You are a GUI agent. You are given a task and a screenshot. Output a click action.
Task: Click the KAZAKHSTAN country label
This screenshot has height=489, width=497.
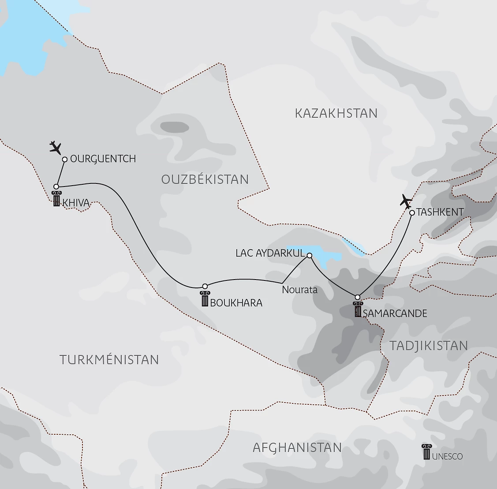click(336, 113)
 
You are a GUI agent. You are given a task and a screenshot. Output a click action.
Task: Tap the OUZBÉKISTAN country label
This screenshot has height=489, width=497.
click(205, 179)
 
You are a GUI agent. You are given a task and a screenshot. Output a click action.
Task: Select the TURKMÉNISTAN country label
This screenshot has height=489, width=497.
click(109, 359)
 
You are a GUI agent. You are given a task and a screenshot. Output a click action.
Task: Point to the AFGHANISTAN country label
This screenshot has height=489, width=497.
click(297, 448)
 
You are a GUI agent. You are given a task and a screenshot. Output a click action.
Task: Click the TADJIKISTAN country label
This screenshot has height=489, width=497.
click(428, 346)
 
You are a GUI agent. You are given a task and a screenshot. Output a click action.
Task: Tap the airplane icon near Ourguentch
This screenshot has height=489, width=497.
click(56, 148)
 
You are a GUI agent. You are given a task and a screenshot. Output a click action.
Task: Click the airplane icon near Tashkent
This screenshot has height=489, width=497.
click(406, 202)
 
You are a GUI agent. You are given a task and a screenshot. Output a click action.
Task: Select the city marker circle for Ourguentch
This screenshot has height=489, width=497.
click(65, 160)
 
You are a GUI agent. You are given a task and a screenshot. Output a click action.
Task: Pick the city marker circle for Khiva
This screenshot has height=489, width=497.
click(56, 187)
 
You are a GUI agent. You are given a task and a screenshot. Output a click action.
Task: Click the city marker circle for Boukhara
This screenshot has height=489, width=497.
click(205, 286)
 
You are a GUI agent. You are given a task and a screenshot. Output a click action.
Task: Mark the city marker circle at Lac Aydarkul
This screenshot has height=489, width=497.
click(309, 255)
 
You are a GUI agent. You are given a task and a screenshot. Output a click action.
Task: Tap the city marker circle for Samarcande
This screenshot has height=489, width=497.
click(358, 297)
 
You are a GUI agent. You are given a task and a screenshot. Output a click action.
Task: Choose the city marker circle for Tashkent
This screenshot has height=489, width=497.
click(411, 213)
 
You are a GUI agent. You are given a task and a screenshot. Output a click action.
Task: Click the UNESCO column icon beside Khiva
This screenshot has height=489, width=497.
click(56, 199)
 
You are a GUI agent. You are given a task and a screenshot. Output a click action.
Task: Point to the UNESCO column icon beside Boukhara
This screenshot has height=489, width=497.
click(204, 299)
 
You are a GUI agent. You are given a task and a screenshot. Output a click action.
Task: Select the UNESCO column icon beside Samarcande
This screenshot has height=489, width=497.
click(357, 310)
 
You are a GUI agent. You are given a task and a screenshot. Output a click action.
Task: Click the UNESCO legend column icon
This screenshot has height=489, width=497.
click(426, 452)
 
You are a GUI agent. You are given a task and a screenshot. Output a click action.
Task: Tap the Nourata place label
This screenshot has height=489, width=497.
click(299, 290)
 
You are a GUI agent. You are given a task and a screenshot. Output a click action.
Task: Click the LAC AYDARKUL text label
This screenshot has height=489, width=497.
click(270, 254)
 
